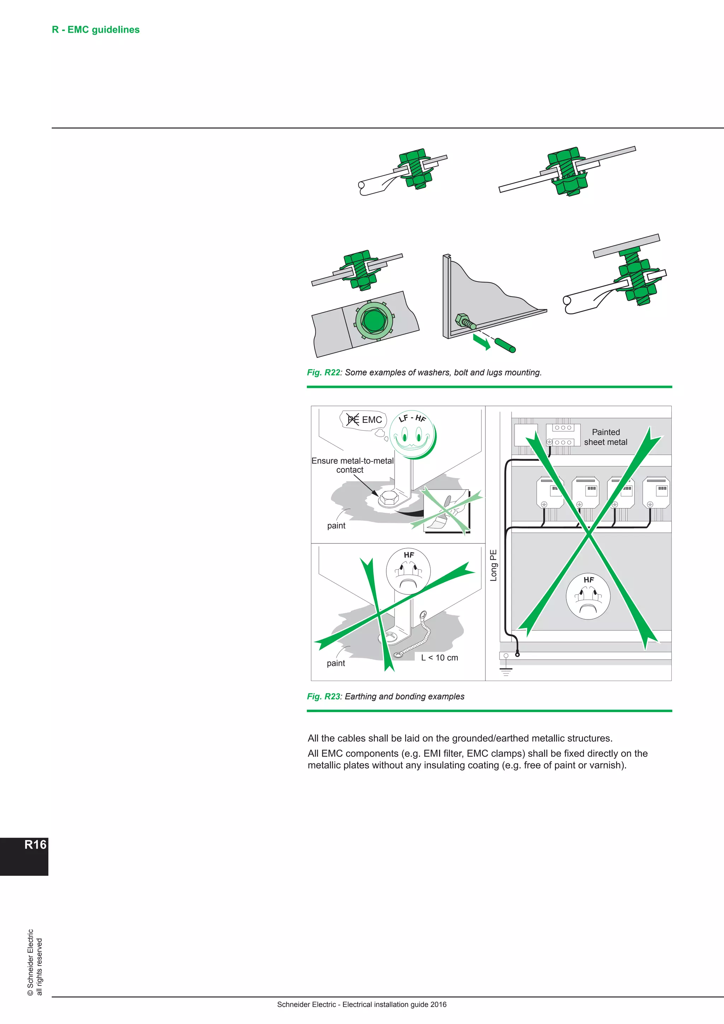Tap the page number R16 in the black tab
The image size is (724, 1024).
click(x=35, y=844)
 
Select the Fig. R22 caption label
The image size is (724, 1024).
click(x=323, y=372)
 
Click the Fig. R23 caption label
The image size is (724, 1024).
click(x=323, y=696)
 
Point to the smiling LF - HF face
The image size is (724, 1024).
click(x=413, y=435)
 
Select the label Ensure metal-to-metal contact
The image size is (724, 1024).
click(x=352, y=465)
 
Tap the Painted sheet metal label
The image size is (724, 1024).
click(x=606, y=437)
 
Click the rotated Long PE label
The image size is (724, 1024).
click(x=493, y=565)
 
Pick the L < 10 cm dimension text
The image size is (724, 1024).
click(x=439, y=657)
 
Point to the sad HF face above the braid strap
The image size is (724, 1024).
click(x=408, y=571)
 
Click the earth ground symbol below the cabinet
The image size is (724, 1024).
click(x=506, y=671)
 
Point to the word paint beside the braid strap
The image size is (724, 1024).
click(x=336, y=663)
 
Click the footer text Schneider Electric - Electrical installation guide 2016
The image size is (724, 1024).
click(x=362, y=1005)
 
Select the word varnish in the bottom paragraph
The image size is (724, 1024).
click(x=608, y=765)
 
